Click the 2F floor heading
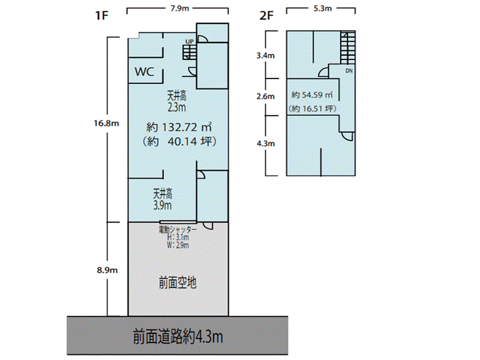point(266,16)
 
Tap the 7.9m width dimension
point(178,8)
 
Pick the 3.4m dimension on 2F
point(265,56)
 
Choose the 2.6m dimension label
point(265,96)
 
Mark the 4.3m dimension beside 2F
point(265,144)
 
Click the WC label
point(145,72)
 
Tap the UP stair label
point(190,41)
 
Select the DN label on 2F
point(349,71)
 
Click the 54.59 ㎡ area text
point(313,95)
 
